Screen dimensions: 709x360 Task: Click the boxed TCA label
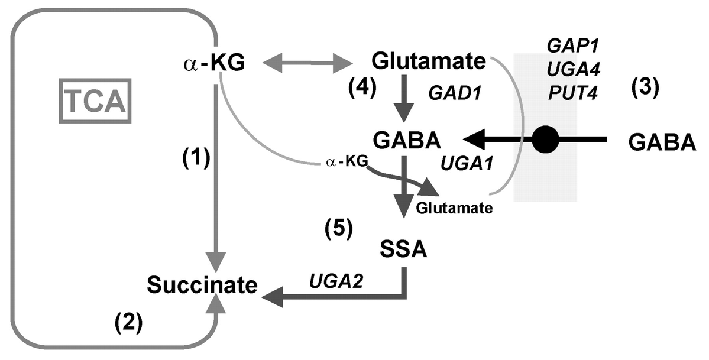click(95, 101)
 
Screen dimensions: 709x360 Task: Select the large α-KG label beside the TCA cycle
click(215, 64)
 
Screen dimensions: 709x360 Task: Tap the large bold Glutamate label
click(428, 61)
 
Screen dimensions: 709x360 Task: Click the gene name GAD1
click(454, 93)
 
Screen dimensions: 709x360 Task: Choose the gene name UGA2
click(336, 281)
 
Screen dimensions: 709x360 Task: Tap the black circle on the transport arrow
click(546, 140)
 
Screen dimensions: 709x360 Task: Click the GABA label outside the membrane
click(662, 142)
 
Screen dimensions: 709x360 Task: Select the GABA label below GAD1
click(407, 141)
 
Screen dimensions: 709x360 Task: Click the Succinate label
click(202, 285)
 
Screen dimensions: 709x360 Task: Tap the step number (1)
click(196, 159)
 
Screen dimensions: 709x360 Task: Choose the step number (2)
click(128, 322)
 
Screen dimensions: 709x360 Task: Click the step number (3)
click(645, 87)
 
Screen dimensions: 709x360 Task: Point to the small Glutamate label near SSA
click(454, 209)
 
